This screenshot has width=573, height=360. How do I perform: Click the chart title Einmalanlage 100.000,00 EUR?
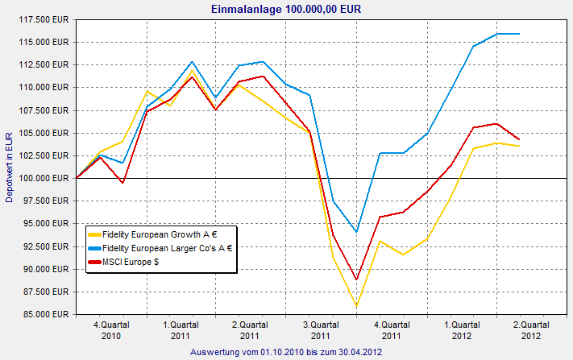pos(285,10)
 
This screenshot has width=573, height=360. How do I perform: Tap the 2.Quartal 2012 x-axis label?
pos(531,330)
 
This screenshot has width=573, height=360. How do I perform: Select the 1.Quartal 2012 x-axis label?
pos(461,330)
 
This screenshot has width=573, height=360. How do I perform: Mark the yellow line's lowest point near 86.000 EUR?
pos(356,306)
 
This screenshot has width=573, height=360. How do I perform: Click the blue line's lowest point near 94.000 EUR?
pos(356,232)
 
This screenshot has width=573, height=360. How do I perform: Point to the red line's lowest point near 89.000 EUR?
pos(356,279)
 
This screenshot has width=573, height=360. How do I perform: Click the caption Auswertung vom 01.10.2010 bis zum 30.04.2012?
pos(285,353)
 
